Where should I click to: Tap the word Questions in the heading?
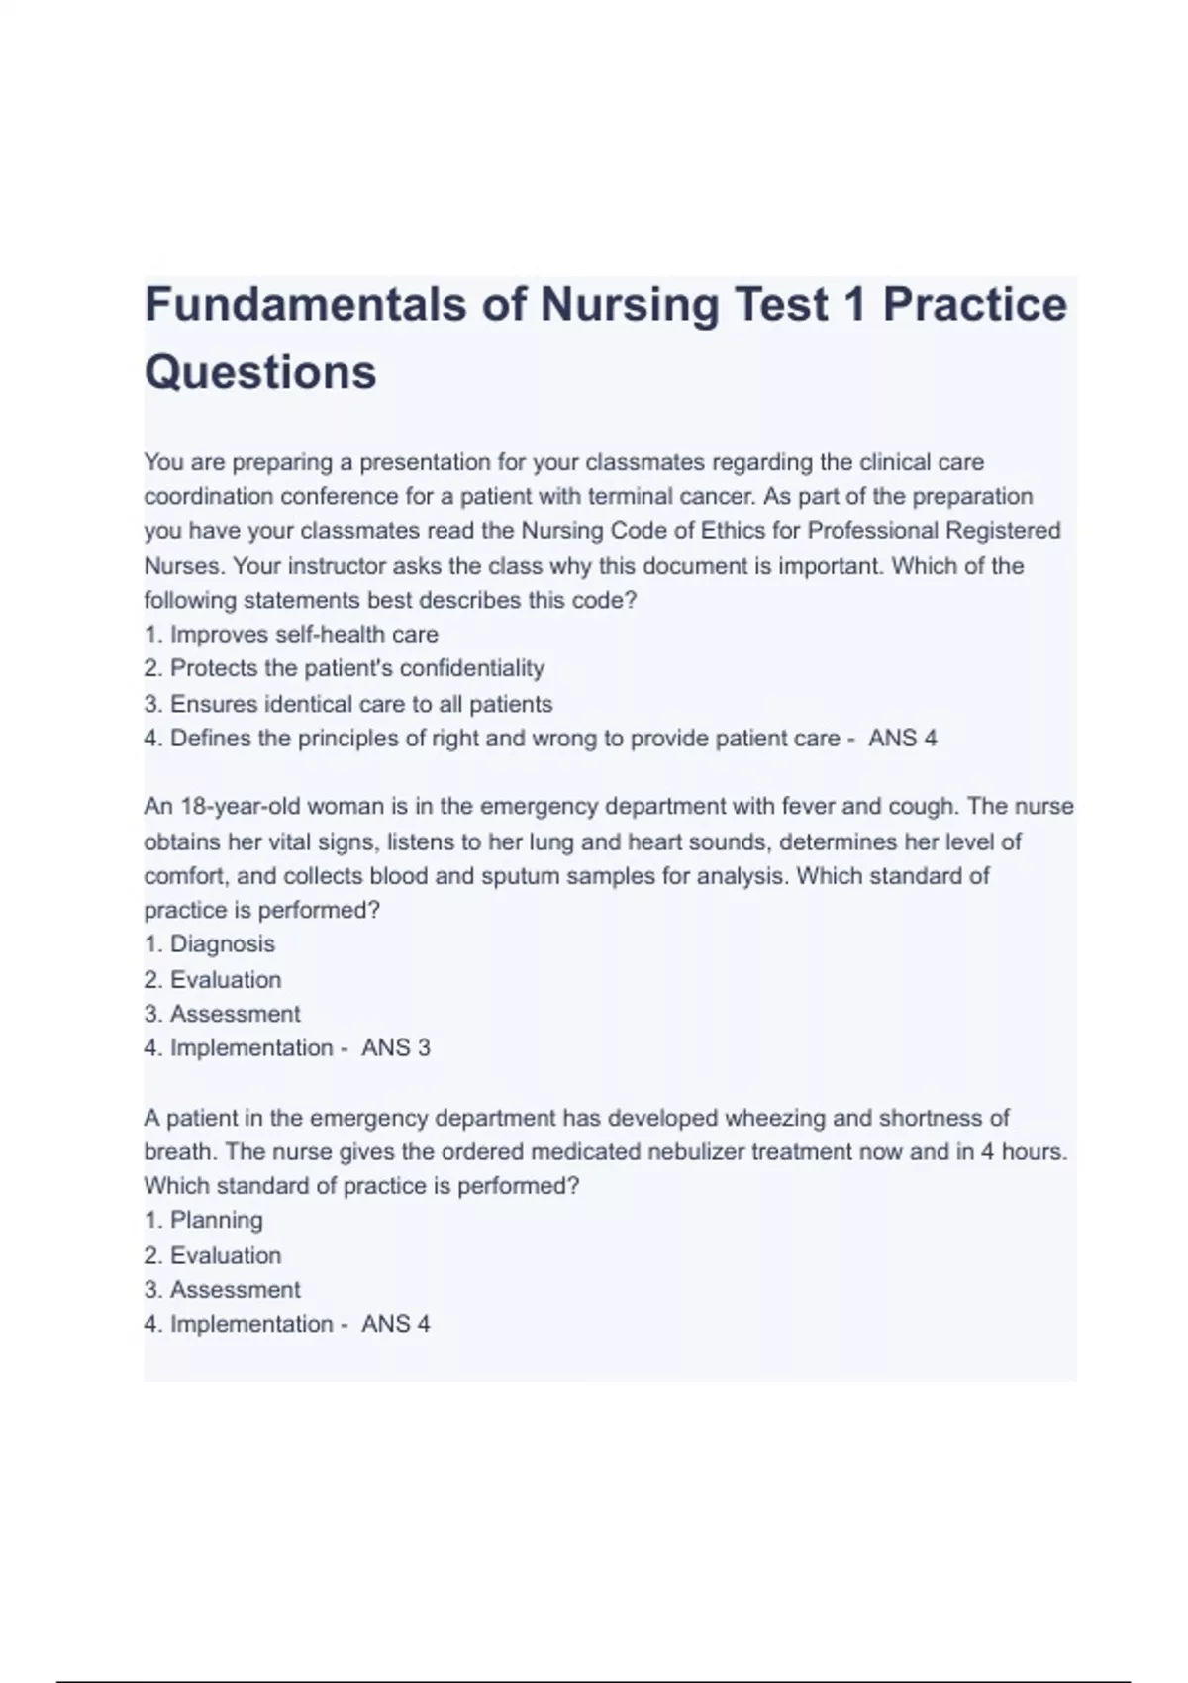(x=260, y=372)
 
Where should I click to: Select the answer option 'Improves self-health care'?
(x=304, y=634)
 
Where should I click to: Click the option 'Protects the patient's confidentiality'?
(x=356, y=668)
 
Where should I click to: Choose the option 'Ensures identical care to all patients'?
(x=361, y=704)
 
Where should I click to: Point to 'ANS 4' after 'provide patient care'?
(x=902, y=739)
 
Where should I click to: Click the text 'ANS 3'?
(x=396, y=1047)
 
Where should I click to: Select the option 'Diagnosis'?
(x=222, y=943)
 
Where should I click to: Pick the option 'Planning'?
(x=216, y=1220)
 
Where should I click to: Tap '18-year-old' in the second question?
(x=217, y=806)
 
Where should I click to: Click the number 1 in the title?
(x=854, y=304)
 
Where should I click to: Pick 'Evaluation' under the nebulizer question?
(x=226, y=1255)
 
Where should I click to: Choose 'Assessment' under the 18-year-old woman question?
(x=235, y=1014)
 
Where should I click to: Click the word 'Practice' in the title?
(x=974, y=304)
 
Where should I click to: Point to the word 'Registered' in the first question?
(x=1003, y=531)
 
